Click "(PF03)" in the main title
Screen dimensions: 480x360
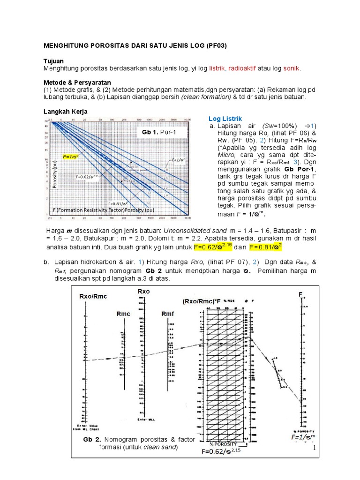click(214, 46)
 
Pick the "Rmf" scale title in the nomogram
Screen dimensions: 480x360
click(168, 314)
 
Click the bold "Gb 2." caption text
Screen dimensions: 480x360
click(92, 440)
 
